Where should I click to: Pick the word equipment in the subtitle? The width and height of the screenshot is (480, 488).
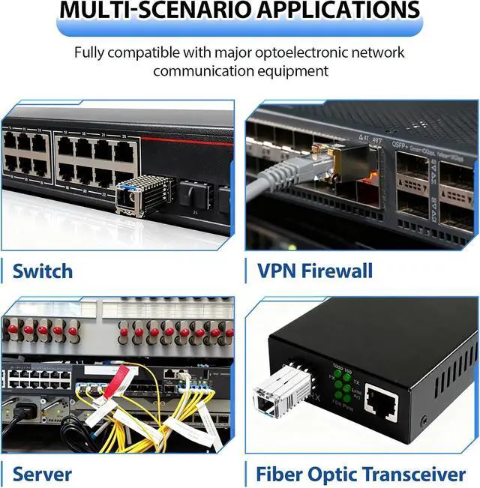tap(293, 71)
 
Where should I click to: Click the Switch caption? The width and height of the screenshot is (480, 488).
tap(43, 270)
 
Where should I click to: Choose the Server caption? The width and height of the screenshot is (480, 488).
tap(43, 474)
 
